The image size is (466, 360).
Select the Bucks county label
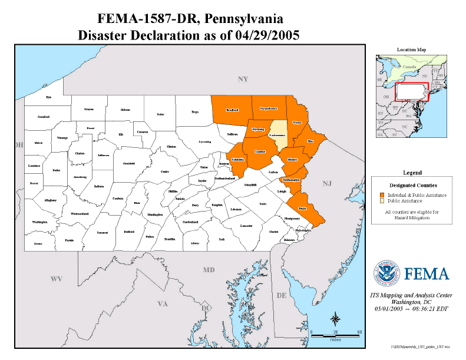click(x=303, y=209)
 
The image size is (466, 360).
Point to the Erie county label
click(x=49, y=97)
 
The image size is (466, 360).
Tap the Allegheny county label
click(x=51, y=200)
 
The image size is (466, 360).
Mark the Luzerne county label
click(x=260, y=151)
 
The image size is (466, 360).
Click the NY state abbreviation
click(x=243, y=79)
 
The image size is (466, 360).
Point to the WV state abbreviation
click(x=56, y=278)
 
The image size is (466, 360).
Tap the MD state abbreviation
click(x=209, y=270)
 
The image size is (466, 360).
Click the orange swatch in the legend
click(x=382, y=195)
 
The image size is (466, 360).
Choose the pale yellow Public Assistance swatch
click(x=382, y=201)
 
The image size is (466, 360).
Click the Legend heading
click(x=412, y=173)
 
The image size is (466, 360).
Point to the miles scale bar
click(x=335, y=335)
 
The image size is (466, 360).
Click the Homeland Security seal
click(x=386, y=273)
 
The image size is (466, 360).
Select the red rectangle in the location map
click(x=411, y=91)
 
